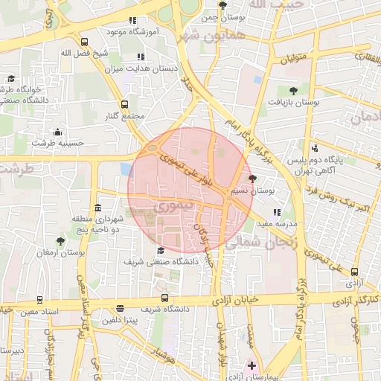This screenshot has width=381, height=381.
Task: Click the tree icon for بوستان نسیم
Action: [252, 179]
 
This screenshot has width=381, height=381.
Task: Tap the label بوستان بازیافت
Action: [295, 103]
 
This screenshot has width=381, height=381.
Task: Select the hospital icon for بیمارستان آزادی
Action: [252, 365]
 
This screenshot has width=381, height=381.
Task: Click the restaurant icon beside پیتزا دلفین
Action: [121, 309]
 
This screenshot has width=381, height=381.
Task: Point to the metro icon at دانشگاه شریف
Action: [164, 298]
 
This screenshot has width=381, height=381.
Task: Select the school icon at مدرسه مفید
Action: [277, 211]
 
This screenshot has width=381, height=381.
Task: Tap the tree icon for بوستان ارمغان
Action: [60, 241]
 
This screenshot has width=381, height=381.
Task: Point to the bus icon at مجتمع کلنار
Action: [124, 105]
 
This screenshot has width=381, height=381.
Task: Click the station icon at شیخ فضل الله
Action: [84, 42]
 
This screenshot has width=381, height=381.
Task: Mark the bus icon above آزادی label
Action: [354, 272]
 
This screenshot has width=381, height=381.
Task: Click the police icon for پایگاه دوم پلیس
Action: [316, 148]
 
